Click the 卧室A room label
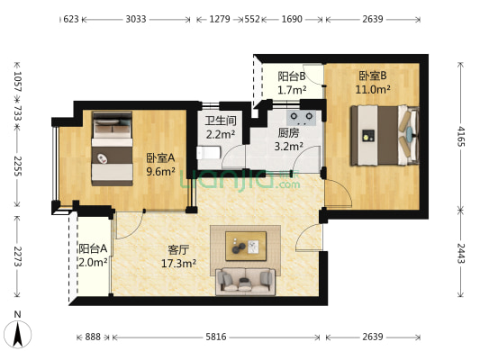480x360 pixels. [160, 158]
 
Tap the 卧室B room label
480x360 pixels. [373, 76]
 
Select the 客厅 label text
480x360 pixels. [178, 250]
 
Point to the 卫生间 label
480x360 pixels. [221, 121]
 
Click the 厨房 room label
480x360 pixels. [288, 133]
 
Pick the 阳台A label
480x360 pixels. [93, 248]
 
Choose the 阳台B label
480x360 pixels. [292, 76]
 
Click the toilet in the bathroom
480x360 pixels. [208, 153]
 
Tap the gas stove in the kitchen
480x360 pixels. [301, 118]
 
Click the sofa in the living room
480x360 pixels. [246, 282]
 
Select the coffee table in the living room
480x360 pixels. [246, 247]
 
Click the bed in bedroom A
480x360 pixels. [113, 148]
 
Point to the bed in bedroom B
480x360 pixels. [385, 135]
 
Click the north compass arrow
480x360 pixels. [18, 334]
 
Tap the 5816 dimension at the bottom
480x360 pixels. [216, 337]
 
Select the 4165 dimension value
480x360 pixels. [461, 136]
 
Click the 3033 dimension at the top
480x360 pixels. [136, 19]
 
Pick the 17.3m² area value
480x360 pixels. [179, 263]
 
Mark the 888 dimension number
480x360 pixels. [93, 337]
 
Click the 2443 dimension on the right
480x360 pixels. [461, 253]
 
